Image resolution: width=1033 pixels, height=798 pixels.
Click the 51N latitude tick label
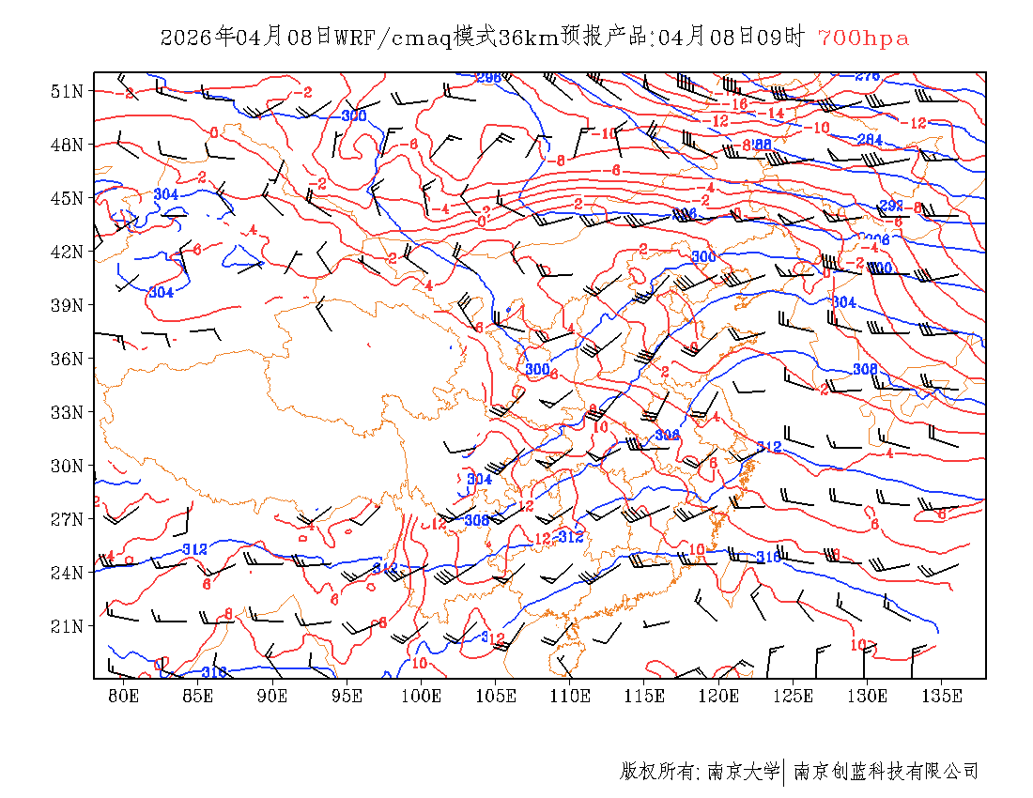click(68, 91)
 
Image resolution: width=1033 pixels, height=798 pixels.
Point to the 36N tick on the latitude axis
click(68, 359)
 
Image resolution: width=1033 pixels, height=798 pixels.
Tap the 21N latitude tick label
click(68, 625)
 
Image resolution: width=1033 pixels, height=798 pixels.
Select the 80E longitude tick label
click(124, 696)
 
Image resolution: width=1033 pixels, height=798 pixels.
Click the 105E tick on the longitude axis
click(496, 696)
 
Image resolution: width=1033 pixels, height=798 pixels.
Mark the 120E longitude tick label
click(719, 696)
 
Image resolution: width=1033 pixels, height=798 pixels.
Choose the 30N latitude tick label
click(68, 466)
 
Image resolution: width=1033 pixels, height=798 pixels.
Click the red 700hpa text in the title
click(863, 38)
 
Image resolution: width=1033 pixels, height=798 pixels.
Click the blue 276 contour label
click(868, 76)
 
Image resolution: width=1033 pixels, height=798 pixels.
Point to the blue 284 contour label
click(870, 139)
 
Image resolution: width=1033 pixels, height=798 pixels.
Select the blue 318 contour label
click(214, 671)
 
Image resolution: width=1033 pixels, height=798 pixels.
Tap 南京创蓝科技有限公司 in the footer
click(887, 772)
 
